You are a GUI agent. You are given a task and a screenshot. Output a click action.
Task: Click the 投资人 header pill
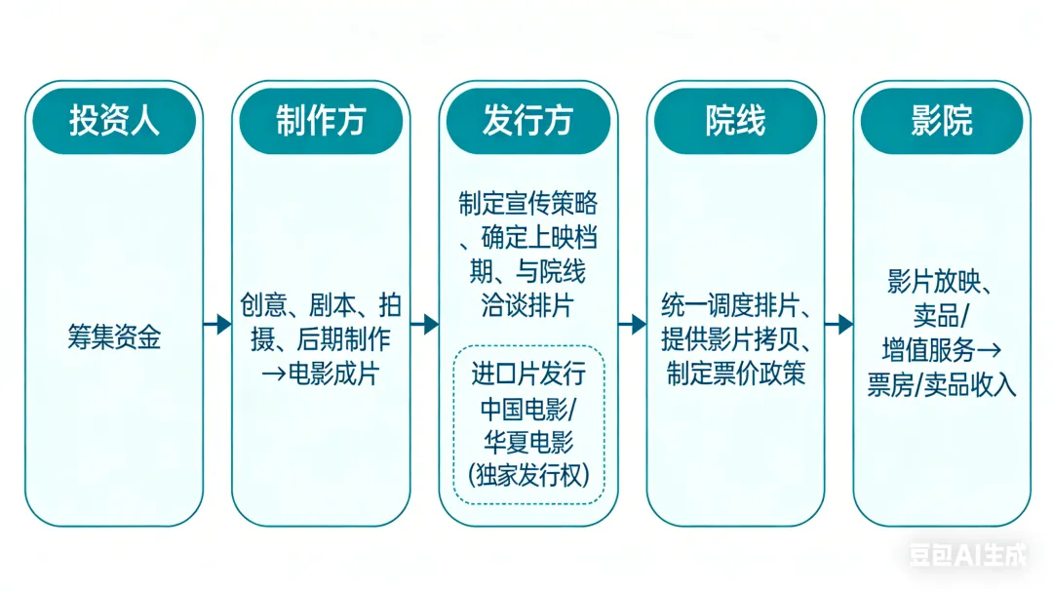(x=114, y=121)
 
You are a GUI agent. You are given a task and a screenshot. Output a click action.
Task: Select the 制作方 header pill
(x=321, y=121)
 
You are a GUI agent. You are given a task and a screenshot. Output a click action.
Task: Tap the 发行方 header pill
(x=527, y=121)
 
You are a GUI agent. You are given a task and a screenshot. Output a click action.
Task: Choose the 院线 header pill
(x=735, y=121)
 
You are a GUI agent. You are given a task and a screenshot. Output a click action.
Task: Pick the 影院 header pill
(x=942, y=121)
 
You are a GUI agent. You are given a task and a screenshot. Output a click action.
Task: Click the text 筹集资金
(x=114, y=337)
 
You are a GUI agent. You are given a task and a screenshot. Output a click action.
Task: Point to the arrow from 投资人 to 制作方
(x=217, y=324)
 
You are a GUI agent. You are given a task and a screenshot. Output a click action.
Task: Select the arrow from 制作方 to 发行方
(x=424, y=324)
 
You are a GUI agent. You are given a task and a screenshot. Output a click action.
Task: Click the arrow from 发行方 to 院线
(x=632, y=324)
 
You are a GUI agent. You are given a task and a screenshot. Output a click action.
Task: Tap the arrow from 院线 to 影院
(x=838, y=324)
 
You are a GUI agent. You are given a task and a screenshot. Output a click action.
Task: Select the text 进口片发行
(x=527, y=374)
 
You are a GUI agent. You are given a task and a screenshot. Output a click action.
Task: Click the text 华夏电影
(x=527, y=441)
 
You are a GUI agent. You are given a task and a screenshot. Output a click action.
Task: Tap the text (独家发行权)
(x=527, y=475)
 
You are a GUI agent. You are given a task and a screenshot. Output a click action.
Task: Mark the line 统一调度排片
(x=735, y=305)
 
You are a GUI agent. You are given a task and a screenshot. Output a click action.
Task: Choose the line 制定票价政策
(x=735, y=374)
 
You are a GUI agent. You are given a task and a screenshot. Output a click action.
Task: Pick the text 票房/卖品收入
(x=942, y=385)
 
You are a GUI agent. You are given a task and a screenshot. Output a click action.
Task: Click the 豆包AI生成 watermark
(x=968, y=555)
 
